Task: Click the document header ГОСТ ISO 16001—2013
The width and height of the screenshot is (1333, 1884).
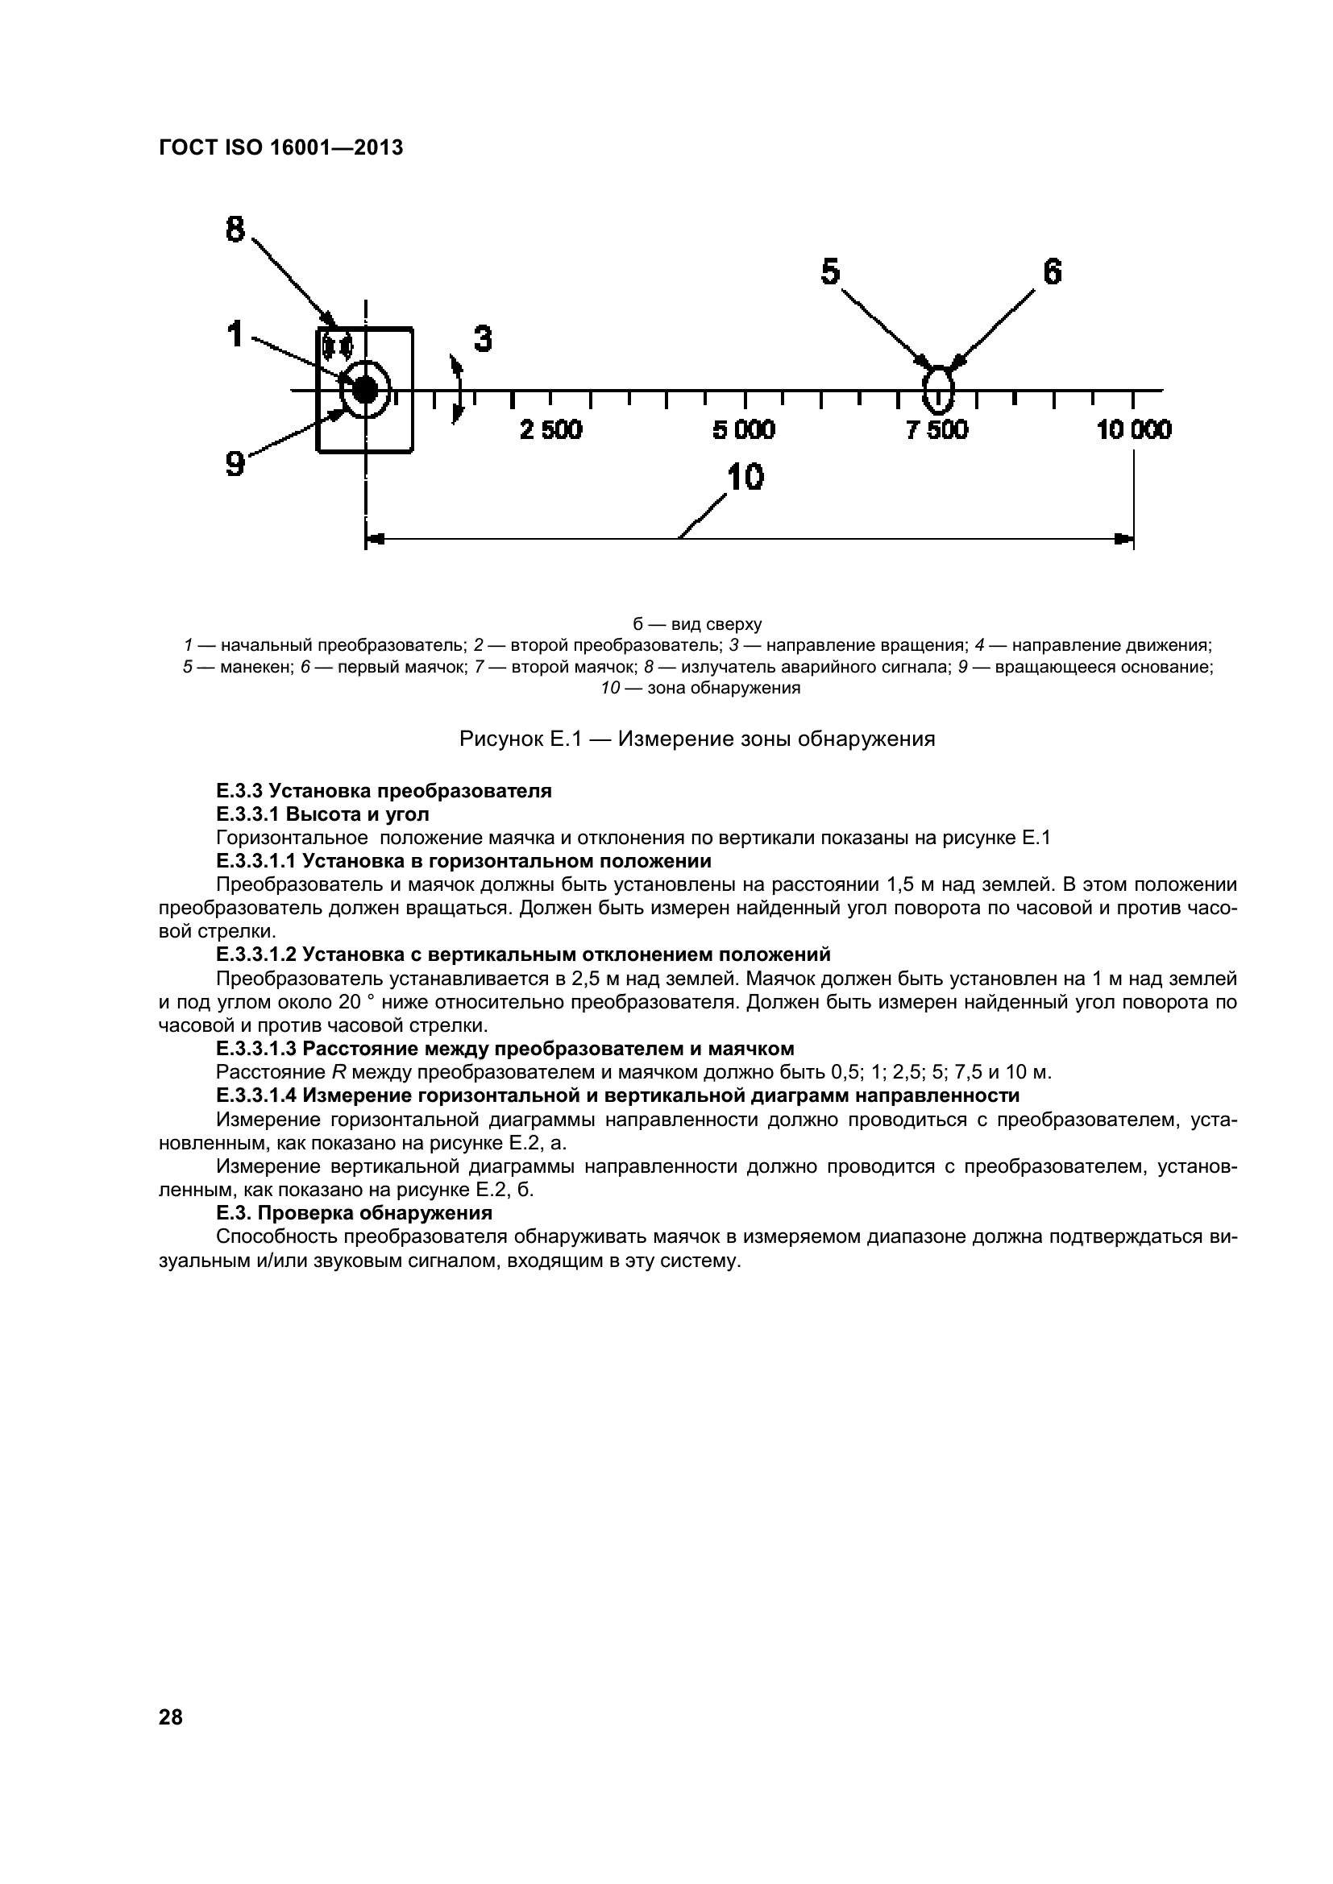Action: point(280,148)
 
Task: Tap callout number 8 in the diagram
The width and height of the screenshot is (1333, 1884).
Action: point(235,228)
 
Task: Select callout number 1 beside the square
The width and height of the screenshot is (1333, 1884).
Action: point(235,335)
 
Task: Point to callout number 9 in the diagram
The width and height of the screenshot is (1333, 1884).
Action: point(235,465)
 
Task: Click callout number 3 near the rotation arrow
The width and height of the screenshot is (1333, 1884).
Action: point(483,339)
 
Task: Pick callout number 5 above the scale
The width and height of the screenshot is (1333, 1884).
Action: point(831,271)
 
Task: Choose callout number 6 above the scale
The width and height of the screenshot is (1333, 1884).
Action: point(1052,271)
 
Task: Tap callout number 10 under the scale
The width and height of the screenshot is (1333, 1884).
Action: point(745,477)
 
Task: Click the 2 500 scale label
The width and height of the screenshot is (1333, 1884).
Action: point(550,430)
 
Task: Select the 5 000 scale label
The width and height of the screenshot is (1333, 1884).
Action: point(744,430)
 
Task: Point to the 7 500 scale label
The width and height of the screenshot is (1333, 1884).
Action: point(936,430)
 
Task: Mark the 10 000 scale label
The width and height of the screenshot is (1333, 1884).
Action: point(1134,430)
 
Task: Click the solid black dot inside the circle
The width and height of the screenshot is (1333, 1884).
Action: point(364,391)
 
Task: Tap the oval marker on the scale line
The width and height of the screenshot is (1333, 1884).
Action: point(937,390)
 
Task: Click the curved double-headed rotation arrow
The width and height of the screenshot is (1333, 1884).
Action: point(456,389)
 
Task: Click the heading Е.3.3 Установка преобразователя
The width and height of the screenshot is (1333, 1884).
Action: point(384,791)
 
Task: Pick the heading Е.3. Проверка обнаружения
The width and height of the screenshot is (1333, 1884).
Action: point(354,1214)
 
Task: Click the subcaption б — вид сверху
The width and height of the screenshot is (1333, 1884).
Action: point(698,624)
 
